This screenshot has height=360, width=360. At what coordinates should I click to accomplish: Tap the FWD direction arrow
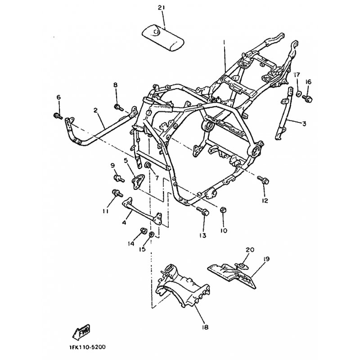click(81, 332)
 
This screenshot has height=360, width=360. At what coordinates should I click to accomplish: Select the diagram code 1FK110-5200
click(87, 346)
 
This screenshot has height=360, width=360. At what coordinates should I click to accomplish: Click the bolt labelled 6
click(58, 116)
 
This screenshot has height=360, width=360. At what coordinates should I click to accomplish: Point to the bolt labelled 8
click(119, 107)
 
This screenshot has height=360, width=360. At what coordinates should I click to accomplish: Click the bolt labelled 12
click(263, 180)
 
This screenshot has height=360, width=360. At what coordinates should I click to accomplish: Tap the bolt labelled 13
click(203, 211)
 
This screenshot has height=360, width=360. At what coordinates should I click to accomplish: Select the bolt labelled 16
click(307, 99)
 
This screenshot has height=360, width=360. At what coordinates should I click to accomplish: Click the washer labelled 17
click(299, 94)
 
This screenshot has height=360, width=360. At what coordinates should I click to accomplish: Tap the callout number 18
click(205, 327)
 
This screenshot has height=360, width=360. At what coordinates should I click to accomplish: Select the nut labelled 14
click(144, 230)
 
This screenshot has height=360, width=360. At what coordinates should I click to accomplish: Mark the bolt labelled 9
click(119, 178)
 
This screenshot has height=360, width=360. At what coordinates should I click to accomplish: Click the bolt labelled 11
click(117, 193)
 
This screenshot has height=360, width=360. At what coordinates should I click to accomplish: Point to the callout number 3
click(304, 124)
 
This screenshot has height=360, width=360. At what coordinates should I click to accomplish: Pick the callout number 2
click(95, 110)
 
